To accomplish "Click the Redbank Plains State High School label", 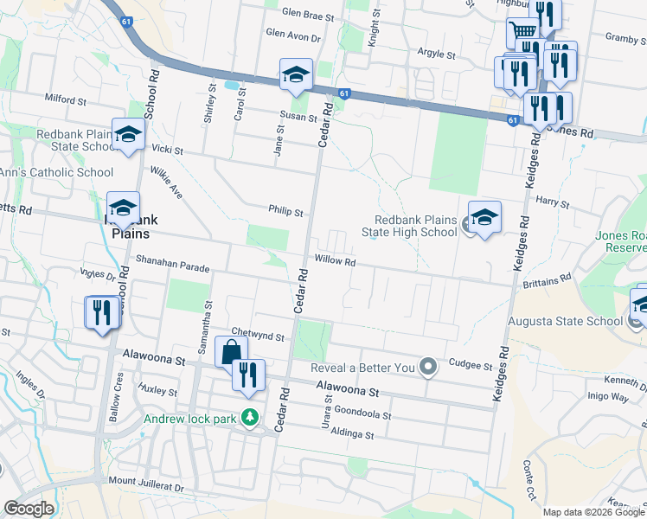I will pyautogui.click(x=415, y=227).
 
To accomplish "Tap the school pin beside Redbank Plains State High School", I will pyautogui.click(x=484, y=218).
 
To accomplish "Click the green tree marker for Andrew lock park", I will pyautogui.click(x=250, y=418).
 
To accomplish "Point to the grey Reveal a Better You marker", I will pyautogui.click(x=427, y=368).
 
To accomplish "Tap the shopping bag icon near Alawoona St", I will pyautogui.click(x=231, y=353).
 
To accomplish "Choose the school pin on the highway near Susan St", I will pyautogui.click(x=295, y=75).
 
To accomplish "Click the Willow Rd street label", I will pyautogui.click(x=336, y=260).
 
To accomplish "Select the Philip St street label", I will pyautogui.click(x=285, y=212).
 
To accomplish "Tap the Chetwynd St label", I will pyautogui.click(x=258, y=335).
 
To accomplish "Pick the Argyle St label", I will pyautogui.click(x=437, y=54).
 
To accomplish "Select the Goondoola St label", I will pyautogui.click(x=363, y=416).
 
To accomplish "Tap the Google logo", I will pyautogui.click(x=29, y=509).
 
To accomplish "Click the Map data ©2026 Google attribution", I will pyautogui.click(x=593, y=512).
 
